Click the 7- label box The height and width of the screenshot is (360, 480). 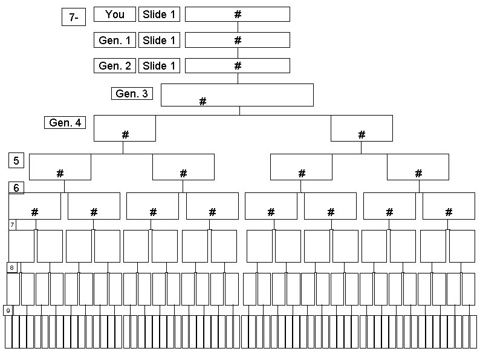[x=73, y=18]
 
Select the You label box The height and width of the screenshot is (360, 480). [x=114, y=15]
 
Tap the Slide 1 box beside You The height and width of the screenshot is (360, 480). [x=160, y=15]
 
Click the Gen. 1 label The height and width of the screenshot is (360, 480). [x=114, y=41]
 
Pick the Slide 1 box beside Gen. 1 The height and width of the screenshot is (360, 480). [x=160, y=41]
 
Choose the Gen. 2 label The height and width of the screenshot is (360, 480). [x=114, y=66]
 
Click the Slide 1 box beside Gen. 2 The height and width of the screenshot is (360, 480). [x=160, y=66]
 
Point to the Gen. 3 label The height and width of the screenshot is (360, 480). [x=132, y=94]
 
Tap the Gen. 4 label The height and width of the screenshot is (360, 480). [x=65, y=123]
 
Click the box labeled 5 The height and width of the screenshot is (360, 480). [x=16, y=160]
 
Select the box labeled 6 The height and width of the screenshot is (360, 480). [x=16, y=188]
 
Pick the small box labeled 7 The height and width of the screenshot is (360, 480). [x=12, y=225]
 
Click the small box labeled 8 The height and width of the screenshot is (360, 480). [x=11, y=267]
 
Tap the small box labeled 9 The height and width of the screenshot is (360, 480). [x=8, y=310]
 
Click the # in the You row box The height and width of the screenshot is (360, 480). [x=238, y=15]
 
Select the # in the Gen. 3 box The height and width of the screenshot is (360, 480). [x=203, y=102]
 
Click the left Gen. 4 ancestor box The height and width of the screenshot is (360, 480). [x=125, y=128]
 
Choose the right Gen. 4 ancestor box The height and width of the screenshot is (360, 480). [x=362, y=128]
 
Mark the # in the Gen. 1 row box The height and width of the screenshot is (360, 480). [x=238, y=41]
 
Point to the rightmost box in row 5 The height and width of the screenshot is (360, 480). [x=418, y=167]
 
